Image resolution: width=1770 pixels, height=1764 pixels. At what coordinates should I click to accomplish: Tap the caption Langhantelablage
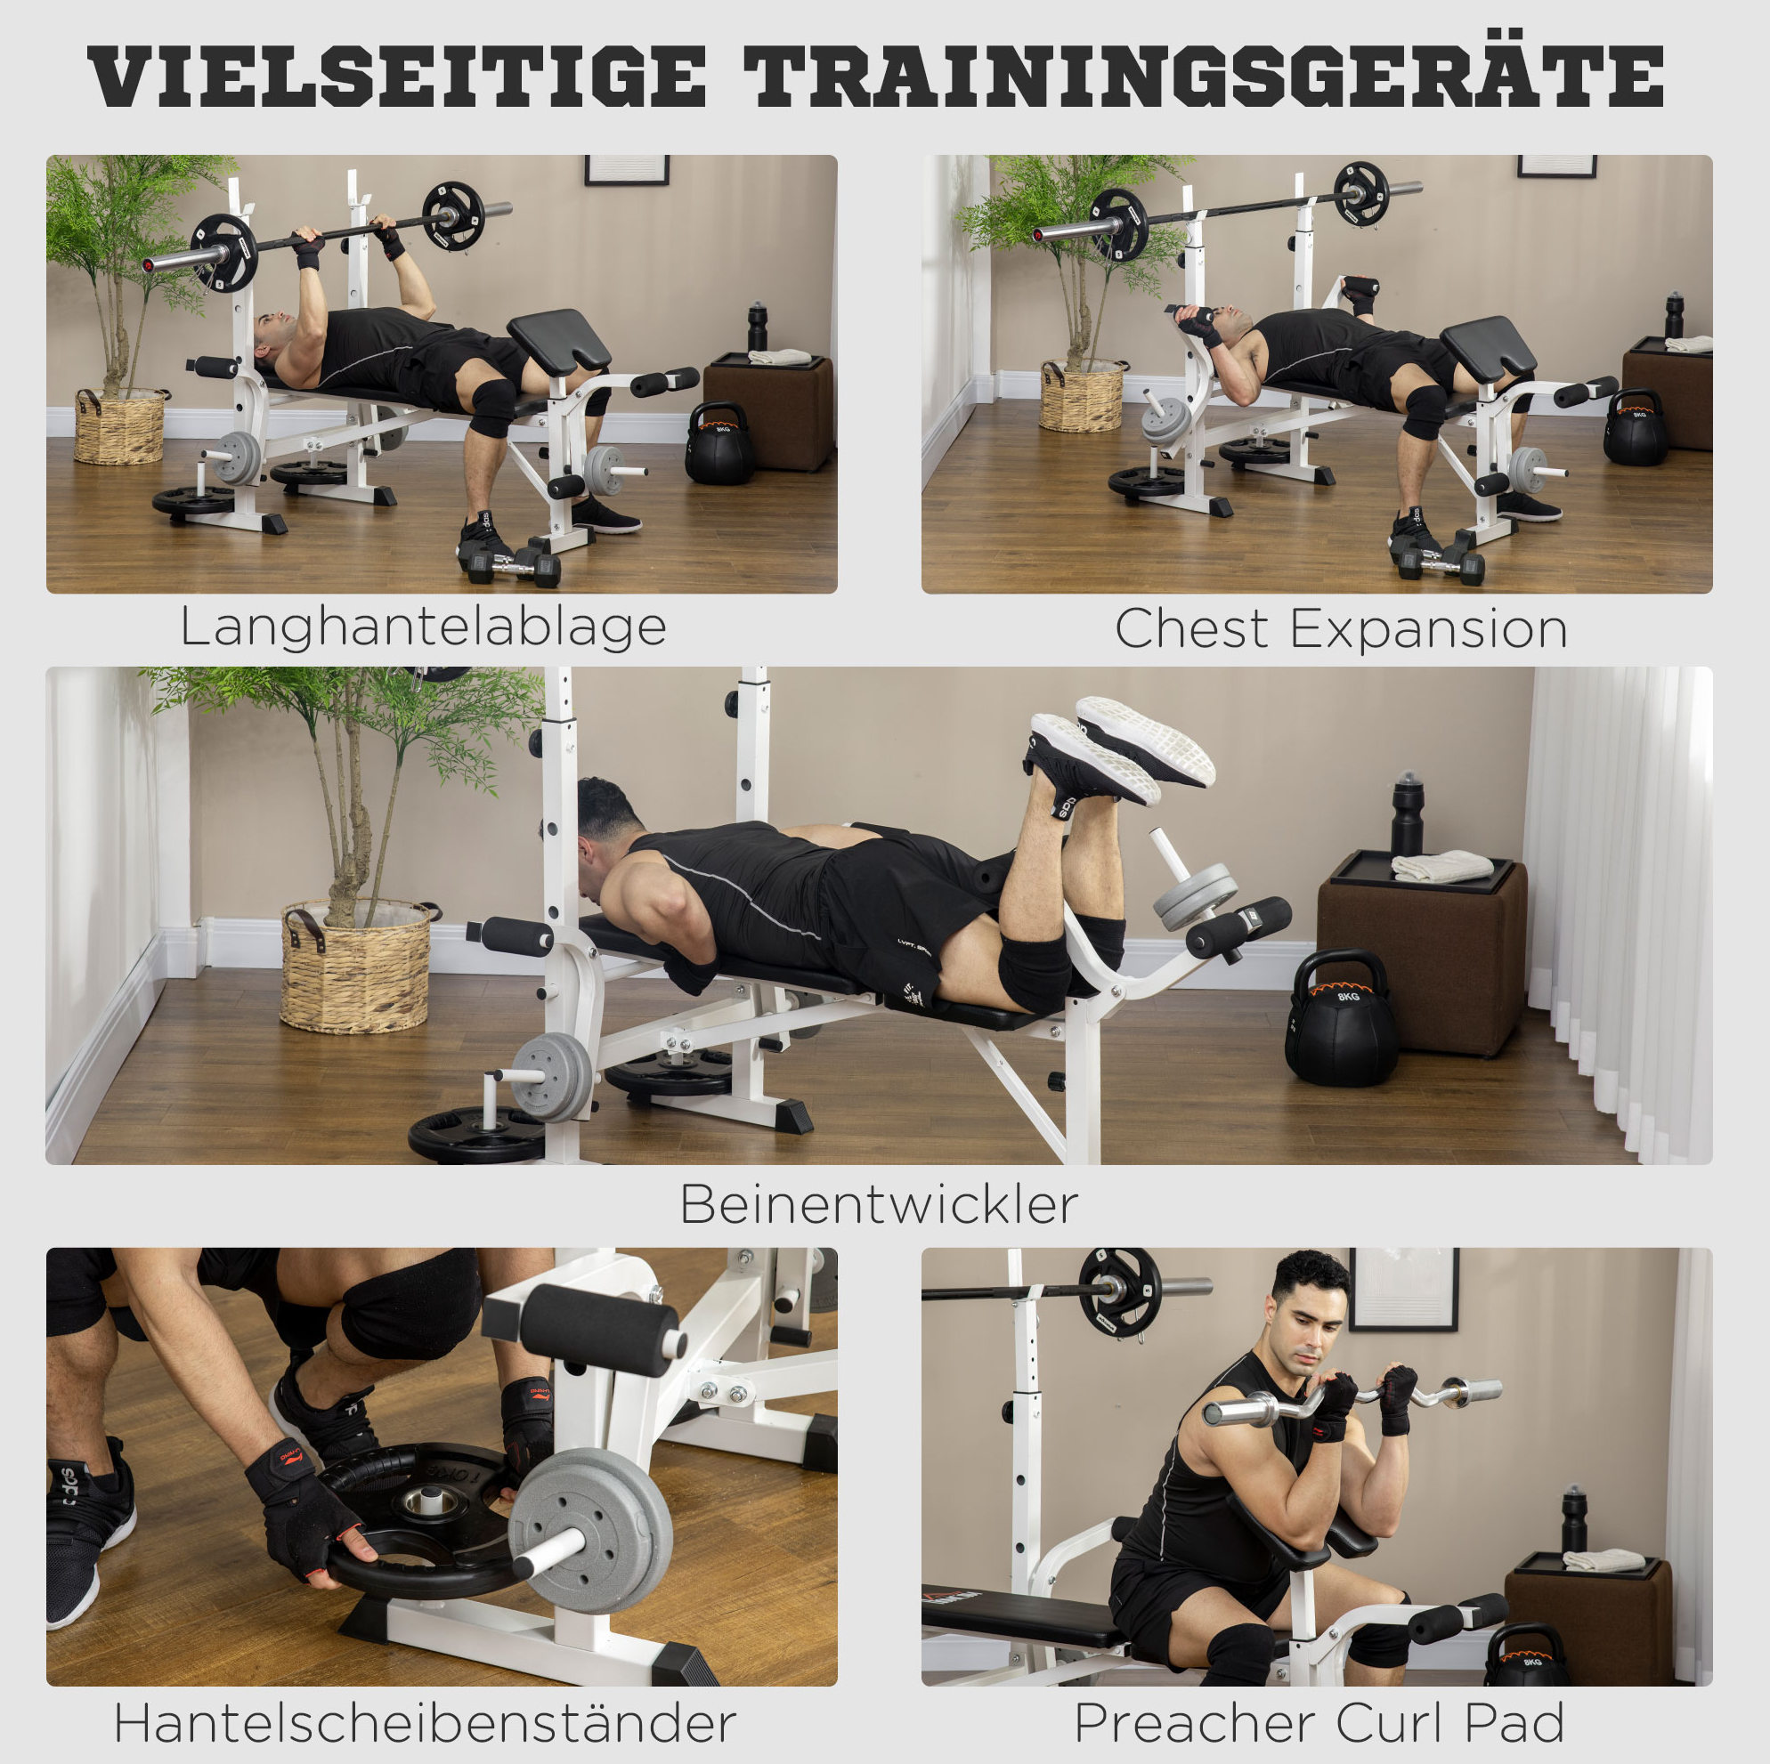coord(423,628)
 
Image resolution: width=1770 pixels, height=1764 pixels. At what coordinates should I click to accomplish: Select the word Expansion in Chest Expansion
coord(1428,630)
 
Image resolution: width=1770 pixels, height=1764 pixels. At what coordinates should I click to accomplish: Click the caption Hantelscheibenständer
coord(425,1724)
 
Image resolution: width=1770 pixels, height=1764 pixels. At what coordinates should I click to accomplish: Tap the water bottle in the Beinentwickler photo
coord(1406,813)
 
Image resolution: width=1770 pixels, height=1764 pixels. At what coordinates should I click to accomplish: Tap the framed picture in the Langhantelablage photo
coord(627,169)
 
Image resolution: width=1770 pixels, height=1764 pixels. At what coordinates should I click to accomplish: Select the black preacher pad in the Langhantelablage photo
coord(559,341)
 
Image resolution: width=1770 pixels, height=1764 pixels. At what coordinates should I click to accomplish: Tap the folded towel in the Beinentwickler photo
coord(1442,865)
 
